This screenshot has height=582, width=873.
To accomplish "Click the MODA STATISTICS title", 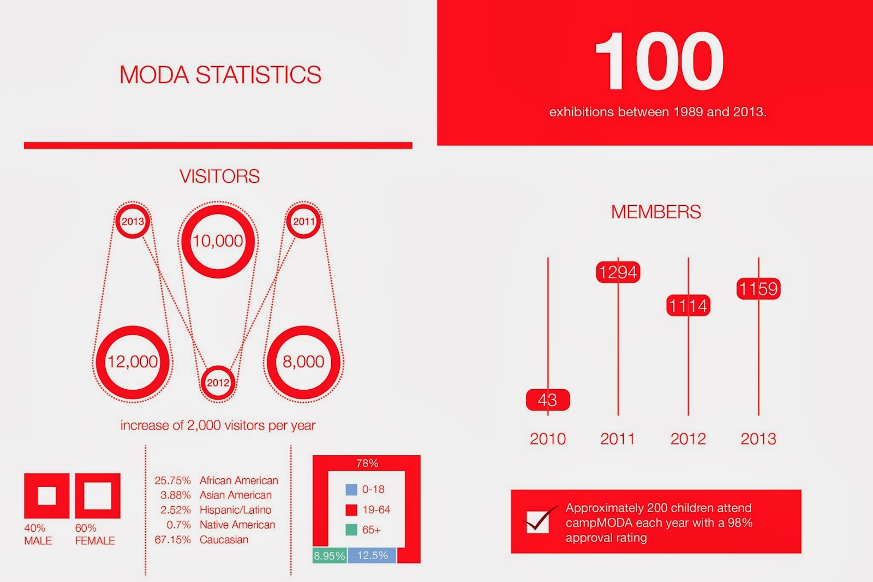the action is coord(220,74).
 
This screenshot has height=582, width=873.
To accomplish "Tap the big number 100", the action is coord(658,61).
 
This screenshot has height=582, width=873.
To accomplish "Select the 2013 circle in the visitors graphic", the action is coord(133,221).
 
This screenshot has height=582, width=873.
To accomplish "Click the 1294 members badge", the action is coord(618,272).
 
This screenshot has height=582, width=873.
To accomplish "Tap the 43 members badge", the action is coord(548,400).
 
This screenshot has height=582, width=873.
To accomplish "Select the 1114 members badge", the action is coord(688,305).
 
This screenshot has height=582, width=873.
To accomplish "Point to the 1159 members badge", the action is coord(758,289).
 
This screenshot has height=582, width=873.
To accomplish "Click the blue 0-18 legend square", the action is coord(351,490).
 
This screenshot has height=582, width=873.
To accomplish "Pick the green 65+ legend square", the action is coord(351,530).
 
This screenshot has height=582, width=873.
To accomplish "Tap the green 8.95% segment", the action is coord(330,555).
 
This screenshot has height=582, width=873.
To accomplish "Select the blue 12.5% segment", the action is coord(372,555).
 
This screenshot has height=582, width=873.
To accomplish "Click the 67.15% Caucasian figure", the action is coord(172,540).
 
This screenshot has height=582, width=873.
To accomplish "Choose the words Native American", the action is coord(237,525).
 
